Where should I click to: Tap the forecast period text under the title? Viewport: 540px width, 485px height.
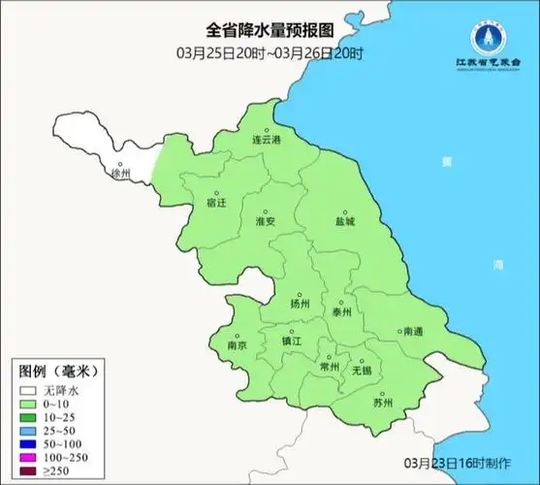(x=270, y=51)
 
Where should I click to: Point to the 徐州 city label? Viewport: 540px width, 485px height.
(x=121, y=176)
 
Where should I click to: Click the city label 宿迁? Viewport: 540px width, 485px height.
(x=216, y=204)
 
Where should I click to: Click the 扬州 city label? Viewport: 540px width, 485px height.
(x=300, y=305)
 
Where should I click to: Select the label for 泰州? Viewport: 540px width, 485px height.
(x=341, y=312)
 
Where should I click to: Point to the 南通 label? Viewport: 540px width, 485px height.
(x=413, y=332)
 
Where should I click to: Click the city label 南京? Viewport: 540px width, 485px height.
(x=237, y=345)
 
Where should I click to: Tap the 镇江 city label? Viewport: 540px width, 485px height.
(x=292, y=342)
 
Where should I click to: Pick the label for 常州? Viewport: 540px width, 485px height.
(x=330, y=367)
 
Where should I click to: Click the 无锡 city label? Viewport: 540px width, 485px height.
(x=361, y=371)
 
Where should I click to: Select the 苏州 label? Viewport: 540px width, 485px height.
(x=383, y=403)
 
